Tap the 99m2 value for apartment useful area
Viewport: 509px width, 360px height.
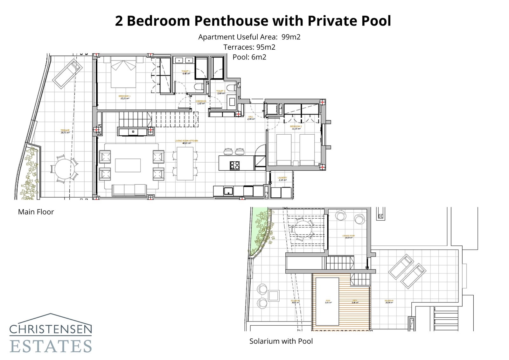click(291, 37)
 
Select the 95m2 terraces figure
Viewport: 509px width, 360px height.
click(266, 47)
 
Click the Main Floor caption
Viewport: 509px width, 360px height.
click(36, 212)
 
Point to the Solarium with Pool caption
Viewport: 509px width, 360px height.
click(281, 341)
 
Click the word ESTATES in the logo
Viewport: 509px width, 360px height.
click(51, 346)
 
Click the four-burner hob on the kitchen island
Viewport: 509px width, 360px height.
click(235, 165)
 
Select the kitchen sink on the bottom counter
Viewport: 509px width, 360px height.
click(228, 191)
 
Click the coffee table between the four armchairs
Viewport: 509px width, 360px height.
click(128, 165)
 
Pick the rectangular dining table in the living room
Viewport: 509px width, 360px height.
click(185, 163)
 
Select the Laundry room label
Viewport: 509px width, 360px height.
click(282, 179)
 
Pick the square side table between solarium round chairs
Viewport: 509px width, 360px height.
click(274, 295)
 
